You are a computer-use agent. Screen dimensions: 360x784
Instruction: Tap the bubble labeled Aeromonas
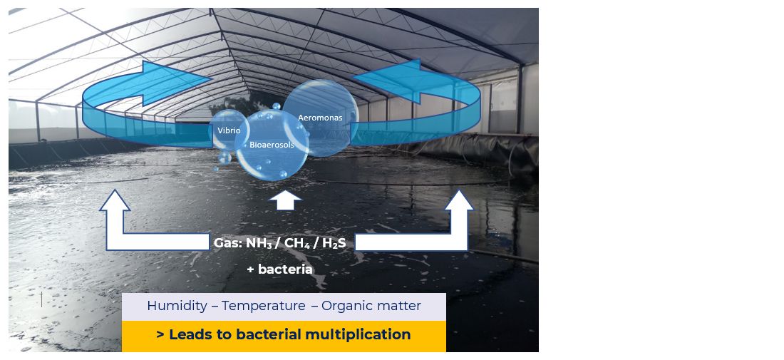click(320, 118)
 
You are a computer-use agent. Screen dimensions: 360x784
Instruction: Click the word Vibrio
click(229, 131)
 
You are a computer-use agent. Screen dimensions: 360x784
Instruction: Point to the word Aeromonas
click(320, 118)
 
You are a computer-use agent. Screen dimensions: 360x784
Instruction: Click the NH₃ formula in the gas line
click(259, 243)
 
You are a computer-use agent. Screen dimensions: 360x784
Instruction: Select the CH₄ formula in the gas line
click(294, 243)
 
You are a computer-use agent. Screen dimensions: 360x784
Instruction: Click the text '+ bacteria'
click(279, 269)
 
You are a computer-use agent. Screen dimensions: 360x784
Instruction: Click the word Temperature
click(263, 307)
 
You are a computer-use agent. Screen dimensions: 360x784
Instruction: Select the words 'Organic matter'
click(371, 307)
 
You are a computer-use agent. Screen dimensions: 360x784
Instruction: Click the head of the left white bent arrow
click(115, 200)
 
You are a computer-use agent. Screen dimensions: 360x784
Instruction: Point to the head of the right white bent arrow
click(459, 200)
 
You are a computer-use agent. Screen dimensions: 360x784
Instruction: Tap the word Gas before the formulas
click(227, 243)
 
